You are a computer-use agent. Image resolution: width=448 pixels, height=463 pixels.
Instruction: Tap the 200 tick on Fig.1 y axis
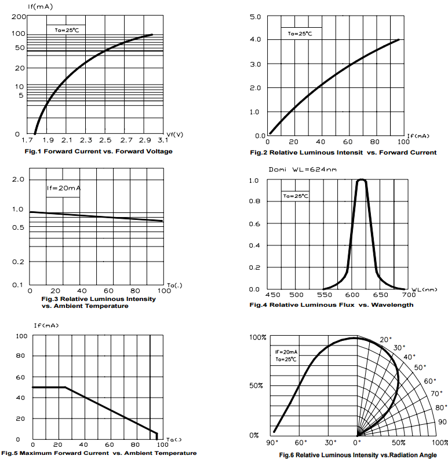[17, 17]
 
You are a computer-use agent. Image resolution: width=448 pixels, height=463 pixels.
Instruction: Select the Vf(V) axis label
[175, 134]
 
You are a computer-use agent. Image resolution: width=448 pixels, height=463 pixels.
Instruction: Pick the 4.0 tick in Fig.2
[256, 39]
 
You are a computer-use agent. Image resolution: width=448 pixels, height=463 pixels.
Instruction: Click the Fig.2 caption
[343, 153]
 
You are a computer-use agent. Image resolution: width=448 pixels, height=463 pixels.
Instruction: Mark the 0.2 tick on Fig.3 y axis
[17, 262]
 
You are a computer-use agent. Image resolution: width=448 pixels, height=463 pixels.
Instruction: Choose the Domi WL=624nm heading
[303, 170]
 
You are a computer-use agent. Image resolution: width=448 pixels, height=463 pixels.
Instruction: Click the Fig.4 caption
[332, 305]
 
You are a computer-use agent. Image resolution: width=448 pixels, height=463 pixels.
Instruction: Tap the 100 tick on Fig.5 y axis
[21, 336]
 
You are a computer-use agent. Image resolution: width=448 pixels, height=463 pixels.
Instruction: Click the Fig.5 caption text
[99, 453]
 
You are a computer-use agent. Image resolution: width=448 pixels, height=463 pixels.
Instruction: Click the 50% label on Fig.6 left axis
[257, 385]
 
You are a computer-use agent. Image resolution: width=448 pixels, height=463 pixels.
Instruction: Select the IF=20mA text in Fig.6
[286, 352]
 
